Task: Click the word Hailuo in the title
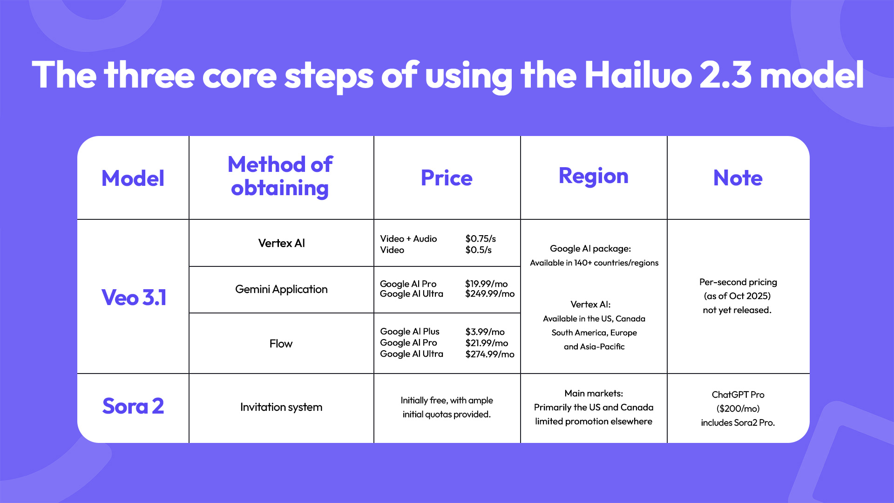click(x=637, y=75)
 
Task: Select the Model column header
click(x=133, y=178)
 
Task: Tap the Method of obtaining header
click(x=280, y=177)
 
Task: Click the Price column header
click(x=447, y=178)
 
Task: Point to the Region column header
click(x=593, y=176)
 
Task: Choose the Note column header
click(x=738, y=178)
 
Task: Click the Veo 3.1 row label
click(x=134, y=297)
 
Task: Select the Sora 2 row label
click(x=133, y=406)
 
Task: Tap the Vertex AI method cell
click(x=281, y=243)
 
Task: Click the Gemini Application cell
click(x=281, y=289)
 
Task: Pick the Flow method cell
click(x=281, y=344)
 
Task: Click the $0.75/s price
click(x=481, y=238)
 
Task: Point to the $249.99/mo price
click(x=490, y=294)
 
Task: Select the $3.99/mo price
click(x=485, y=332)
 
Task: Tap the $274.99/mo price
click(x=490, y=354)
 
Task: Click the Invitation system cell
click(x=281, y=407)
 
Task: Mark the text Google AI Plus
click(x=410, y=331)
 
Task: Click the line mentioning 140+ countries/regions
click(x=594, y=263)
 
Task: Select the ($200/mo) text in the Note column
click(x=738, y=408)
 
